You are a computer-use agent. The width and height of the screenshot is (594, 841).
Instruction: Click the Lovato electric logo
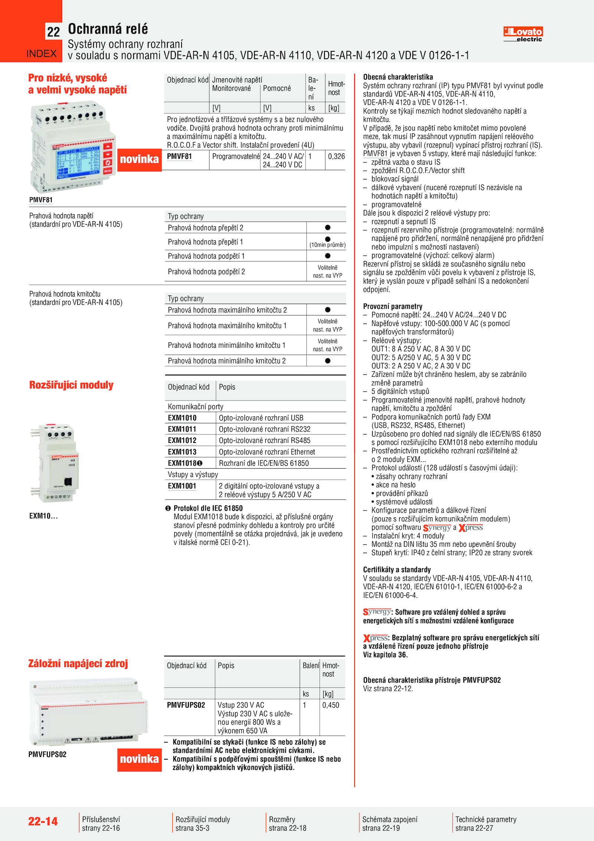click(523, 34)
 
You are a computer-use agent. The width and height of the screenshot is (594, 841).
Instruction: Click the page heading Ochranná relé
click(108, 29)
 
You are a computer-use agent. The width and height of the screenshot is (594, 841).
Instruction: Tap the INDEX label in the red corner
click(41, 54)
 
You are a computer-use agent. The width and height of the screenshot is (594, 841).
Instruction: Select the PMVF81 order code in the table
click(179, 156)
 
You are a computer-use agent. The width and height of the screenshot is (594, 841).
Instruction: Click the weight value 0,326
click(336, 156)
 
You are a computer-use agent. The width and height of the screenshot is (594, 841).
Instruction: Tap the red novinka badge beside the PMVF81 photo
click(139, 159)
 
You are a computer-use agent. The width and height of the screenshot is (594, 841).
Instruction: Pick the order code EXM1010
click(182, 418)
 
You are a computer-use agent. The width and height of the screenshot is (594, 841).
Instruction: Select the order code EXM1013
click(182, 452)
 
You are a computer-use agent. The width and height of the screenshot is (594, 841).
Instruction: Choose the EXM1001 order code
click(182, 486)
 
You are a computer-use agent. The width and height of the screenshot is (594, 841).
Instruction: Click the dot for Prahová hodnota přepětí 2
click(327, 227)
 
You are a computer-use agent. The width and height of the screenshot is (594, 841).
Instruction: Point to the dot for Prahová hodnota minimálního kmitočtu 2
click(327, 360)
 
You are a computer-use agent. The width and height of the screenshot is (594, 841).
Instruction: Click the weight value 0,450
click(330, 705)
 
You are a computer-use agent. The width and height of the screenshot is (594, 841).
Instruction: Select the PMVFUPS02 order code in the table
click(186, 705)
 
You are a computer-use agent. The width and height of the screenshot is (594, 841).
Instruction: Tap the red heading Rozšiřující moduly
click(71, 385)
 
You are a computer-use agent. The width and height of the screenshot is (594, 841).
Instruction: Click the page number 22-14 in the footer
click(43, 821)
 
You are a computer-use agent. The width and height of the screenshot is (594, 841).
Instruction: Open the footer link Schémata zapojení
click(390, 819)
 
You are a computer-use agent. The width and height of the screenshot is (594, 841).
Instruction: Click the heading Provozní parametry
click(392, 306)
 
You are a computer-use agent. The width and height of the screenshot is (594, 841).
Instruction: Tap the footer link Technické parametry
click(486, 819)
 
